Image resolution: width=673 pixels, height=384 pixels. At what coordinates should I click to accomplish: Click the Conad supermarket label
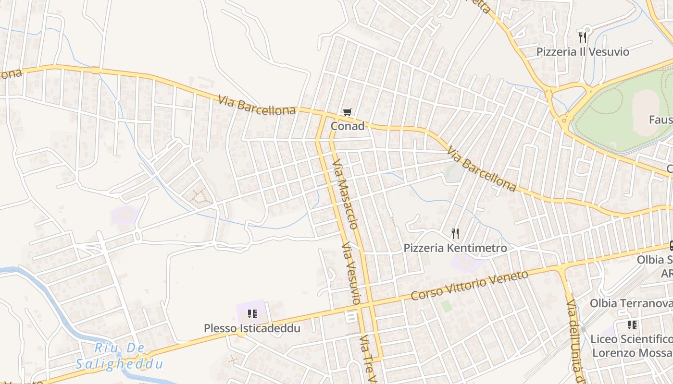[347, 126]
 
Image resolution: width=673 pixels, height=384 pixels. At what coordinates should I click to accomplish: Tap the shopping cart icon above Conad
[347, 112]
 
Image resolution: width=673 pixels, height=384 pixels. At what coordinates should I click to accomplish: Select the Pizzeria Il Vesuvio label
[583, 52]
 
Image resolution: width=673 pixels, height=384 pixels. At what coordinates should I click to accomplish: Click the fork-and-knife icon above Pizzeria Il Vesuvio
[583, 37]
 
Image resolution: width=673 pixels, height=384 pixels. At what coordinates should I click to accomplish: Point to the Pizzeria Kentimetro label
[455, 248]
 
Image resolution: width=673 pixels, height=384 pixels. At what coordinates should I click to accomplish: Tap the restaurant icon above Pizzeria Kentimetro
[455, 234]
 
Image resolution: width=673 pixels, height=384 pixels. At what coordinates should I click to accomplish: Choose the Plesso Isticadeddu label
[252, 328]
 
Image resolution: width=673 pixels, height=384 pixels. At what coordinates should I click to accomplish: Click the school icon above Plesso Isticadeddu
[252, 314]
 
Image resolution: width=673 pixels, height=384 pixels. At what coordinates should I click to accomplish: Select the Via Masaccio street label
[345, 193]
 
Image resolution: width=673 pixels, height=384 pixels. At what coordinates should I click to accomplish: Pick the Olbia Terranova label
[631, 303]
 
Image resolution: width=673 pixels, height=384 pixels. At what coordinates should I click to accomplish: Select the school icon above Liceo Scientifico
[632, 325]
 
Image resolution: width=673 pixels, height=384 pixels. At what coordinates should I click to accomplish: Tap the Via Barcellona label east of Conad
[481, 169]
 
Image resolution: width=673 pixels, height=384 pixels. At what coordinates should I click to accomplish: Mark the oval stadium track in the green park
[646, 112]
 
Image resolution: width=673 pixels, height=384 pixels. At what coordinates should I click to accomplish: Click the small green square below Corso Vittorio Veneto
[447, 306]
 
